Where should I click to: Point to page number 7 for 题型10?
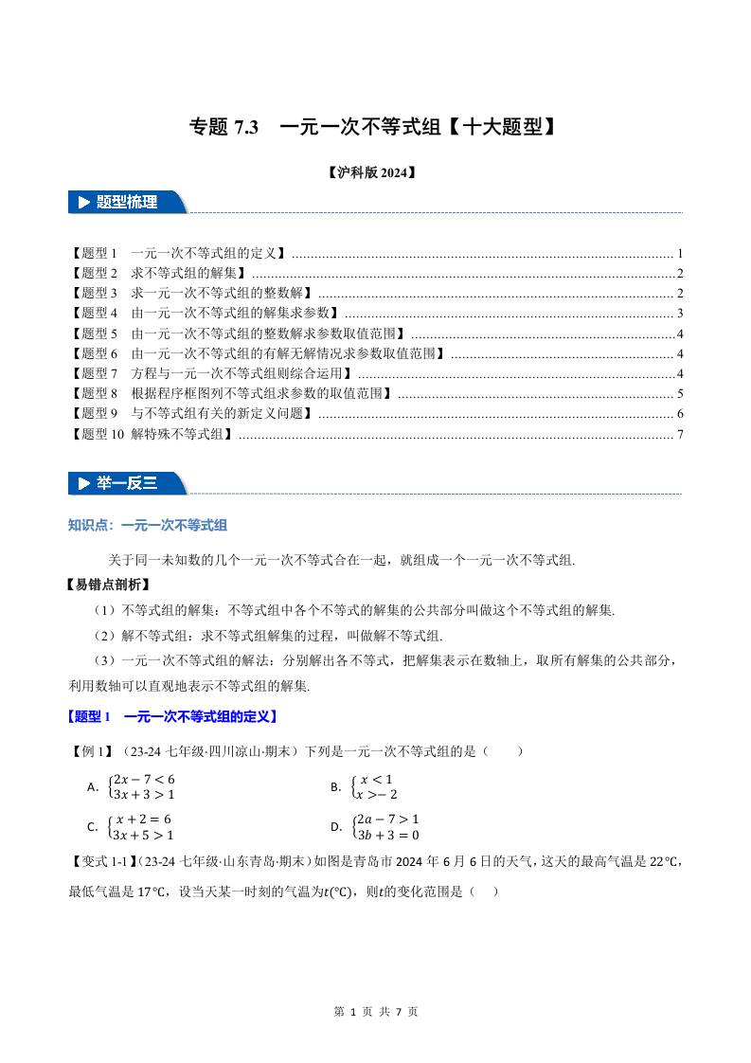pyautogui.click(x=680, y=434)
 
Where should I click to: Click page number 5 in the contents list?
pyautogui.click(x=680, y=393)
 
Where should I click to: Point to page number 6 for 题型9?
pyautogui.click(x=680, y=414)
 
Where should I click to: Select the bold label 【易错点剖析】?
pyautogui.click(x=108, y=585)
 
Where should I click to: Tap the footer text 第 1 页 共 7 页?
pyautogui.click(x=376, y=1011)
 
